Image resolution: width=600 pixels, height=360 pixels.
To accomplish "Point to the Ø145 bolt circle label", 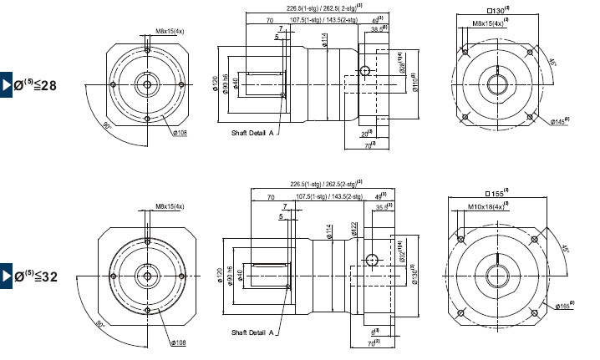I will [562, 122].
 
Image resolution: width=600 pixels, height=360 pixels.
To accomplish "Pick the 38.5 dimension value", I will [378, 28].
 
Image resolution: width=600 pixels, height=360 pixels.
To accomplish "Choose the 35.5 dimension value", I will [381, 208].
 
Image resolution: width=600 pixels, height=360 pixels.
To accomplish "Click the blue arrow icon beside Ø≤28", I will [6, 84].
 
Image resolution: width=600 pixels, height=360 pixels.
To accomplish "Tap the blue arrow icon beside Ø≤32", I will [6, 275].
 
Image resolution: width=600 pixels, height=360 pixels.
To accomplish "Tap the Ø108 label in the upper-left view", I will [179, 132].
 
